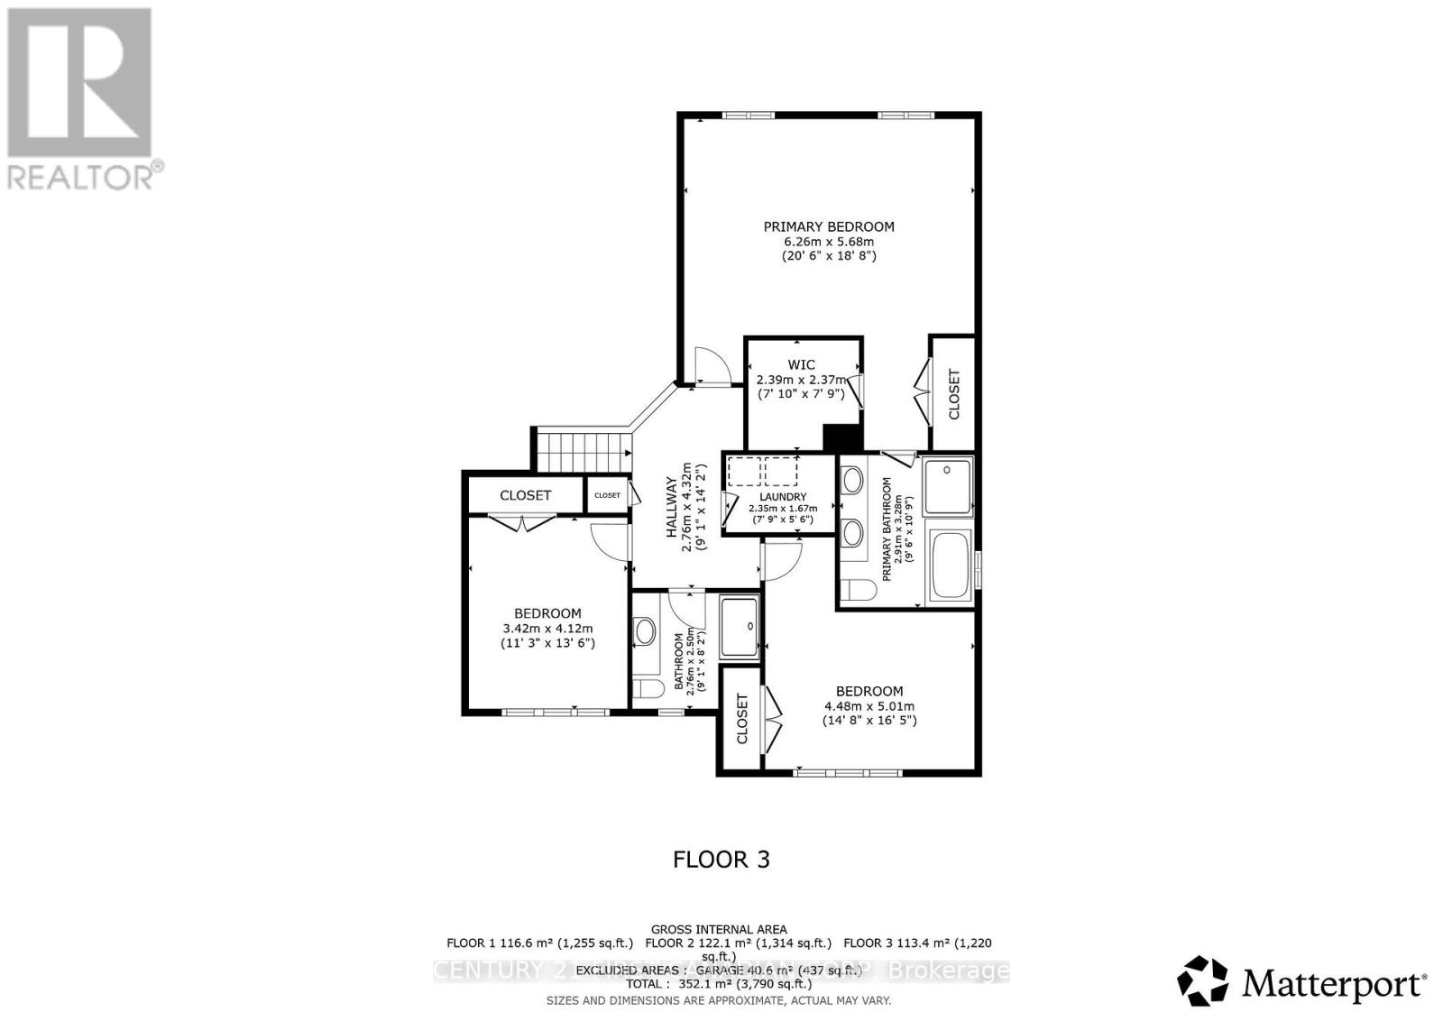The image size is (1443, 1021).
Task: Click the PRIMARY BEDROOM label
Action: tap(829, 226)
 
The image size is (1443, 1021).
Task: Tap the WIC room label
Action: tap(801, 364)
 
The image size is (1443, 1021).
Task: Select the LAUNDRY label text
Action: tap(782, 496)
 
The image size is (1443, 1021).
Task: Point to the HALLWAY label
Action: tap(671, 507)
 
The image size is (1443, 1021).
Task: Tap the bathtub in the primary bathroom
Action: tap(949, 566)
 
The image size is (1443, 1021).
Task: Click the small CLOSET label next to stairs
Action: tap(607, 495)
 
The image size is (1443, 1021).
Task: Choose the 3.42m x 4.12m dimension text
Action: tap(547, 629)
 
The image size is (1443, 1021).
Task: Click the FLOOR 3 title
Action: tap(721, 859)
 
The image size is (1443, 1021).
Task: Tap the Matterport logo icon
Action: tap(1203, 980)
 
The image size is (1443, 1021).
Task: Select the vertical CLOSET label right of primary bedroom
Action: tap(953, 395)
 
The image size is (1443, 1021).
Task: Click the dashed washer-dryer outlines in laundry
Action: tap(763, 472)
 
